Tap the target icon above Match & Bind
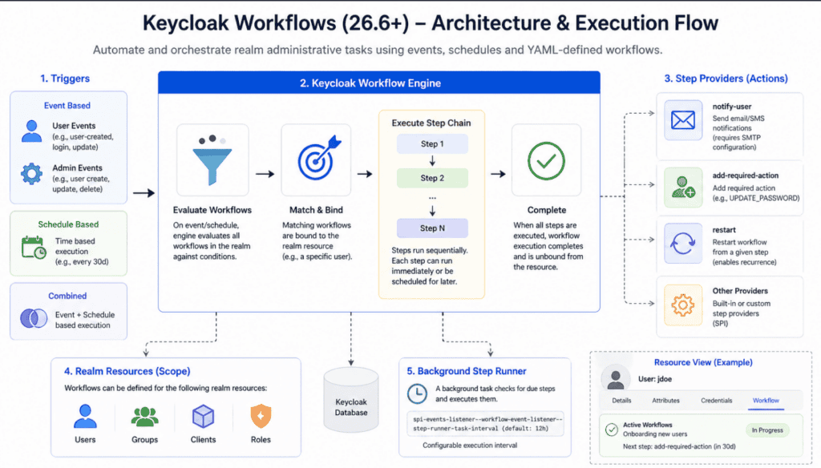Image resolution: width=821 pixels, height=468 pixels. (316, 160)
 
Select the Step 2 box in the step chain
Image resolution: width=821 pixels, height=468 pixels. (430, 178)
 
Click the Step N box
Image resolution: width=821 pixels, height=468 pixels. (430, 228)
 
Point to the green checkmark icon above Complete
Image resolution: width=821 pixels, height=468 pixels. (546, 160)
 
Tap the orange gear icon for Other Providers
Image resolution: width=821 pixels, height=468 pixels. (681, 305)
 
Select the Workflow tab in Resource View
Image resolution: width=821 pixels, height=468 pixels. (766, 401)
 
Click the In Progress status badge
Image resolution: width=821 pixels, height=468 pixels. (766, 430)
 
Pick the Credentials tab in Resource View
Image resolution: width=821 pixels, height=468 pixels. (716, 401)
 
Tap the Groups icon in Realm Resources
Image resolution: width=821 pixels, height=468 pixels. (144, 417)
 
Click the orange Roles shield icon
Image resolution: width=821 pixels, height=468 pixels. (260, 416)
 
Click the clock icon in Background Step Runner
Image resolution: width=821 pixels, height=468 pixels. (417, 393)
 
